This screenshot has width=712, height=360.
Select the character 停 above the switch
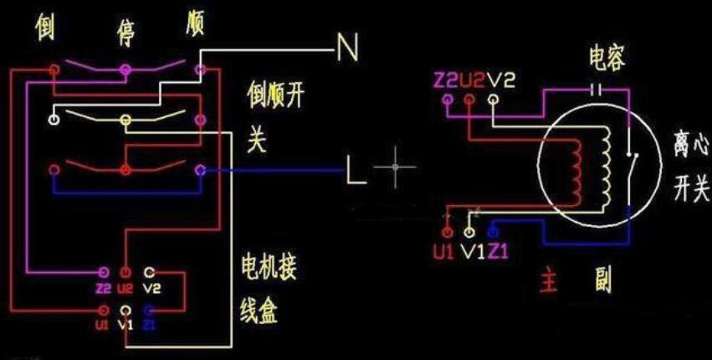point(128,32)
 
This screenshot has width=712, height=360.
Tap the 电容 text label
point(607,57)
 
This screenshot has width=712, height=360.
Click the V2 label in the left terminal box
point(151,289)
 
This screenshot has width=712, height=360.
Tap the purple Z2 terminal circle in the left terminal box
point(104,273)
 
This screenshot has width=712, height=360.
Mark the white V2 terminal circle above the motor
point(493,100)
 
